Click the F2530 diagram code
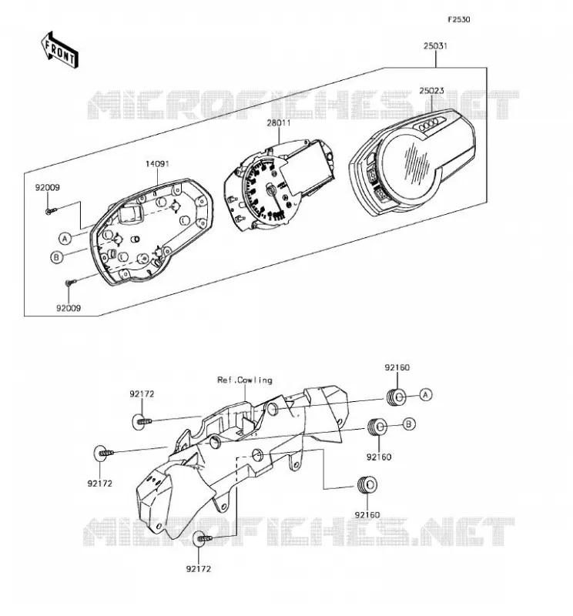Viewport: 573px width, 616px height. click(459, 19)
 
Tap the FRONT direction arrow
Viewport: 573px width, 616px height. click(60, 51)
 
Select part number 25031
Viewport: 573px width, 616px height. click(435, 45)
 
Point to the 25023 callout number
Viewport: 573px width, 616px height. click(431, 90)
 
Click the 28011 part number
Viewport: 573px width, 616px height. click(279, 122)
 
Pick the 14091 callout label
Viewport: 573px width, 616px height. click(157, 163)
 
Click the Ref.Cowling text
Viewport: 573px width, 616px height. click(245, 380)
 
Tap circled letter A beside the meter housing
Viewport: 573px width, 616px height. click(65, 238)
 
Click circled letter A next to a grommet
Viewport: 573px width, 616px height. click(426, 394)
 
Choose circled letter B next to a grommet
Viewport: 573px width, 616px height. click(409, 424)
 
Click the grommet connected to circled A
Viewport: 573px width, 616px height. click(396, 397)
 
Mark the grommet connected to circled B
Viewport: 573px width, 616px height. click(377, 427)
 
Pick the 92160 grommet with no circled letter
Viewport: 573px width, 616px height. click(367, 484)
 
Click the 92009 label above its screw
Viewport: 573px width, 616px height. click(48, 187)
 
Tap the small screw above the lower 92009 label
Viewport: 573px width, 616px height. click(70, 282)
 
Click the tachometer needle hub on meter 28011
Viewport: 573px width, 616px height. click(271, 190)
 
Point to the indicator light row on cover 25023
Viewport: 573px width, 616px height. click(431, 125)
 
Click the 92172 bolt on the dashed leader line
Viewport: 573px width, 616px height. click(203, 537)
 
